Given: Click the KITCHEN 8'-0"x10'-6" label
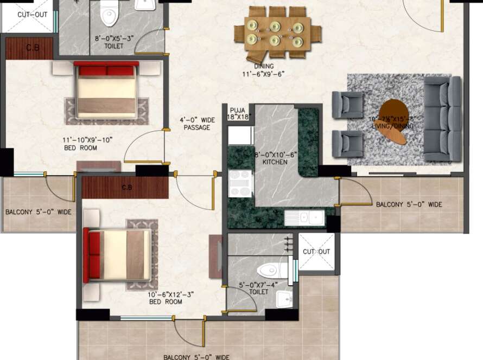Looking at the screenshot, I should (x=275, y=158).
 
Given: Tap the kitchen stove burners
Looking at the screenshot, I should (x=239, y=184).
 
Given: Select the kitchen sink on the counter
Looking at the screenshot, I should (x=304, y=218).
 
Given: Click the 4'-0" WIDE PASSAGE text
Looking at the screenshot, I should (x=198, y=124).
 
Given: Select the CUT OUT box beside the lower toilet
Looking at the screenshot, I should (x=316, y=252).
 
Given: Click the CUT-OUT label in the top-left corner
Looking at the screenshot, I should (x=31, y=15).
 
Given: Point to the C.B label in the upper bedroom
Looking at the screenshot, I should (x=32, y=48).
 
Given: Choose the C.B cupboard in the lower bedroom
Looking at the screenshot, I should (x=126, y=188).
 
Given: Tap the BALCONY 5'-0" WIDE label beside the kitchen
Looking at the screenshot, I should (x=408, y=204).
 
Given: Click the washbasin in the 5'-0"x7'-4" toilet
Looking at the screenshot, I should (x=284, y=299).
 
